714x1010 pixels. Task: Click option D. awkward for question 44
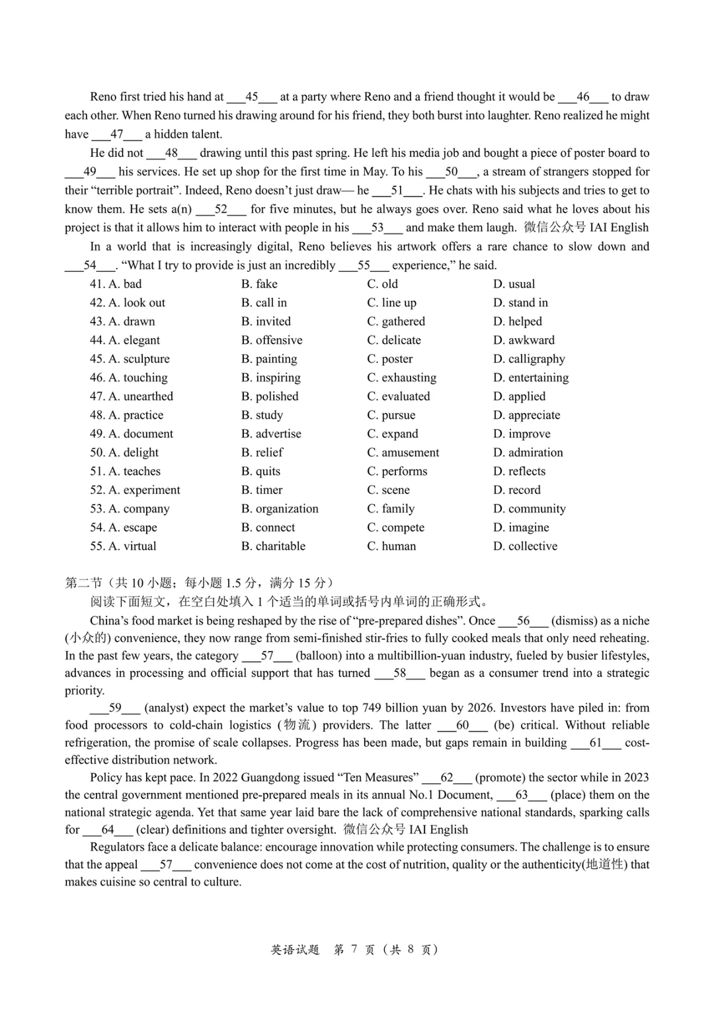coord(524,340)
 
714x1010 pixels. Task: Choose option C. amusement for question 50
coord(403,452)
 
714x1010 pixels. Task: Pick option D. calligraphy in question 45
coord(529,359)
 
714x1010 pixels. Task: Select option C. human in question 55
coord(391,546)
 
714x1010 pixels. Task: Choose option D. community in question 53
coord(529,509)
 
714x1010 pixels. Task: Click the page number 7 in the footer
coord(354,950)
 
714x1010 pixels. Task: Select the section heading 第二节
coord(83,583)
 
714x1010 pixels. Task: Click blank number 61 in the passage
coord(596,743)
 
